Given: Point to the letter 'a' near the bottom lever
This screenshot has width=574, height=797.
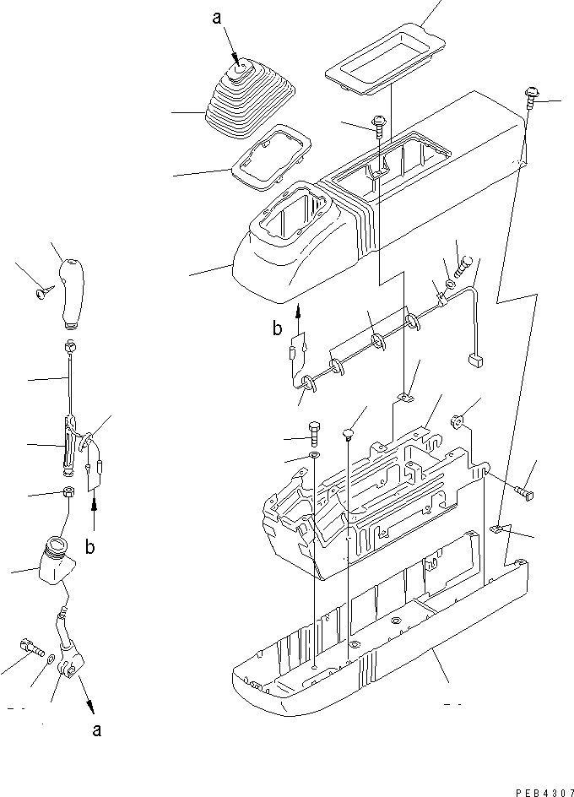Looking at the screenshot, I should pos(97,730).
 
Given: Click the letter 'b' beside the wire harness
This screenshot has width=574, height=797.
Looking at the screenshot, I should pos(277,329).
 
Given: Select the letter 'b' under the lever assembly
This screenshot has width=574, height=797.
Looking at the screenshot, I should pos(89,547).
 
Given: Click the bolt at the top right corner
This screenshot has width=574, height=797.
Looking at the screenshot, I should pos(533,97).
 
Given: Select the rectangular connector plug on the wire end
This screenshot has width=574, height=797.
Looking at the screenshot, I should pos(474,361).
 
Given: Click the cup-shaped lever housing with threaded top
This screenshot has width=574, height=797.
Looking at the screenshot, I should pos(55,562).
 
